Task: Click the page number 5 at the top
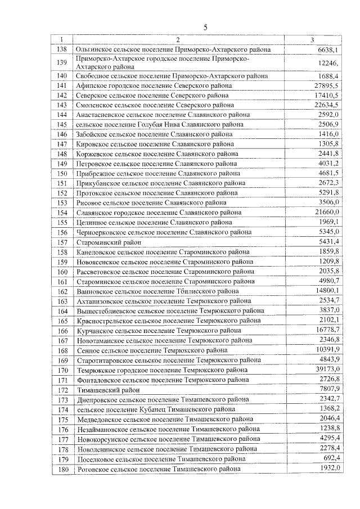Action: tap(205, 27)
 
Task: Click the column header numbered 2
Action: tap(177, 40)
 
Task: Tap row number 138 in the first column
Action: tap(62, 49)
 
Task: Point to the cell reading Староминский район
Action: tap(107, 242)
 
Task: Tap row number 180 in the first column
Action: tap(62, 469)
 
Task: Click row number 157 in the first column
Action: tap(62, 242)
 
